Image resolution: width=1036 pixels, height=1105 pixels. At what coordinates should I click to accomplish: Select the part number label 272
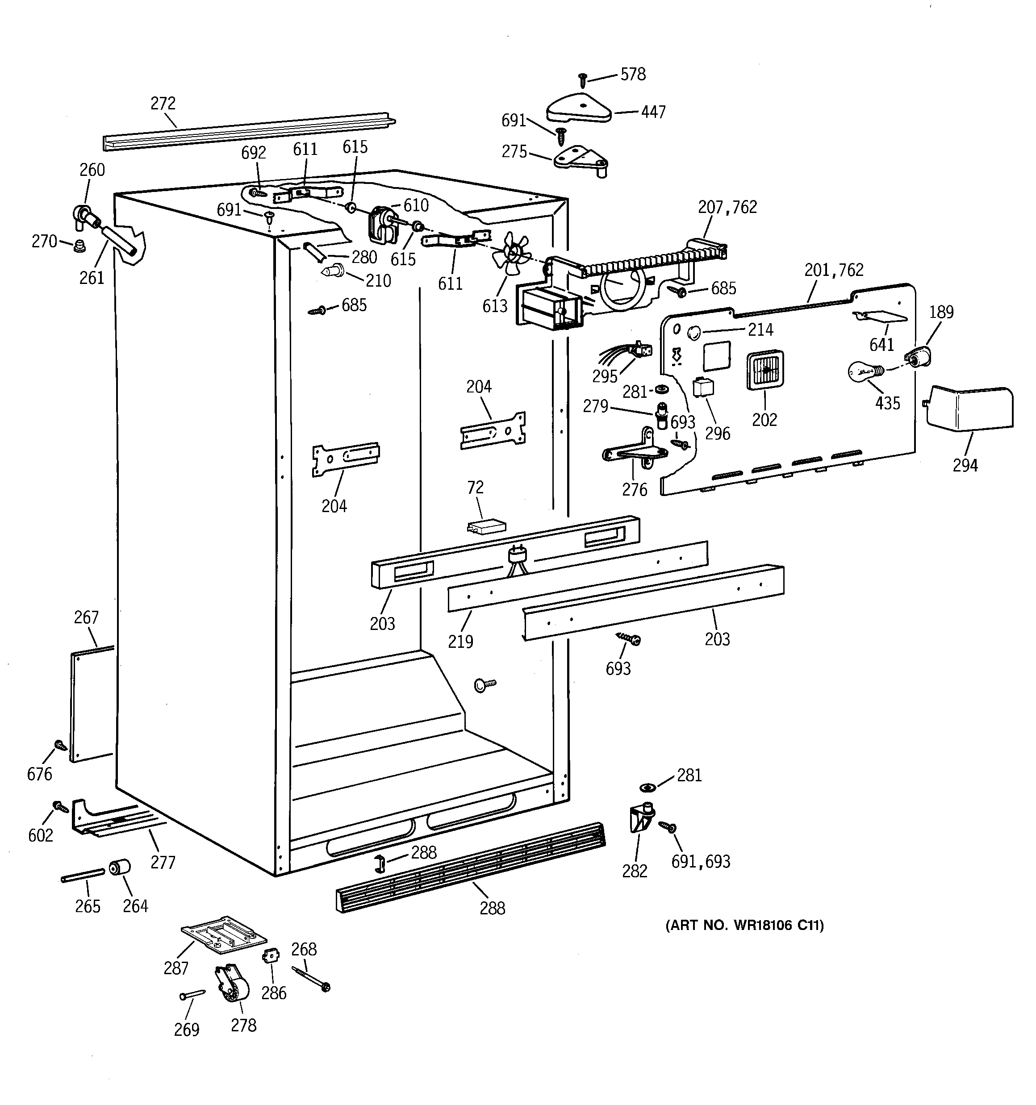(x=163, y=104)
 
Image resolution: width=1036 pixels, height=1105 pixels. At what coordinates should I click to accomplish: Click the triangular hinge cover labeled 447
(x=578, y=108)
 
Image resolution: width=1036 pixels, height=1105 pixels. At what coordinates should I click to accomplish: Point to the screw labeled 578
(x=583, y=79)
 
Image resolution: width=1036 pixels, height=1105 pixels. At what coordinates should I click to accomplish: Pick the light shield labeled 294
(x=970, y=408)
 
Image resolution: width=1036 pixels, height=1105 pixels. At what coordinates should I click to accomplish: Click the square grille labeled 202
(x=765, y=370)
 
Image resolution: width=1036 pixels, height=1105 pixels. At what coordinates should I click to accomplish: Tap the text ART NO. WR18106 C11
(x=744, y=926)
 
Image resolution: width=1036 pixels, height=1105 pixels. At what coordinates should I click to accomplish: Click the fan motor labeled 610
(x=381, y=224)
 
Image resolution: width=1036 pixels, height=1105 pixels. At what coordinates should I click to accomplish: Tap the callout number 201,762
(x=834, y=270)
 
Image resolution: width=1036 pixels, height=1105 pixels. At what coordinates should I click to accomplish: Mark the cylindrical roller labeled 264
(x=120, y=867)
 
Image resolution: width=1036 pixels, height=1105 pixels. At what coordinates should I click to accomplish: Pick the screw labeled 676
(x=60, y=746)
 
